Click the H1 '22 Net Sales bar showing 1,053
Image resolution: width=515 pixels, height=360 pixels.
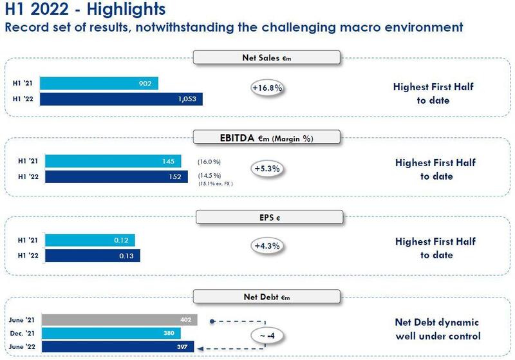124,99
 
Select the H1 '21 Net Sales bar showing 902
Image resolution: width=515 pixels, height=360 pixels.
101,84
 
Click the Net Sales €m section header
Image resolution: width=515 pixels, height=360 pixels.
266,58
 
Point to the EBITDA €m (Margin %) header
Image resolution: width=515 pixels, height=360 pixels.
266,137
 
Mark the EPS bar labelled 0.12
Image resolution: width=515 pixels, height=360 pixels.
90,241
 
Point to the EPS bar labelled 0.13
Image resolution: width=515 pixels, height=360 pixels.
92,256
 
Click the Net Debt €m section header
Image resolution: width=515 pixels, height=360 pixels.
266,297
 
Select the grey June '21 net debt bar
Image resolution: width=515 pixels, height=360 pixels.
121,320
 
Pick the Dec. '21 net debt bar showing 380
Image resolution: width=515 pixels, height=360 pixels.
113,334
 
